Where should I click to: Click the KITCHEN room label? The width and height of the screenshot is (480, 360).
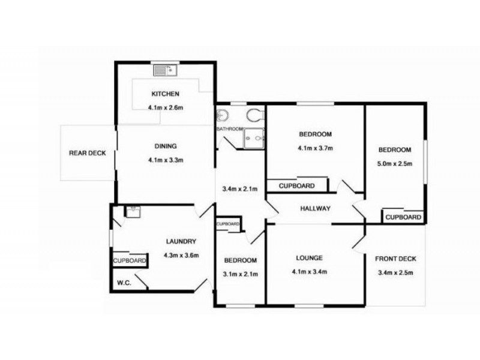tap(165, 94)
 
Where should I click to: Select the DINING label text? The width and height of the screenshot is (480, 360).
tap(165, 146)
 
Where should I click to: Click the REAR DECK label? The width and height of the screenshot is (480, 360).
tap(87, 153)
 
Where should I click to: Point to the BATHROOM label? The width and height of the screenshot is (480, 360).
tap(229, 129)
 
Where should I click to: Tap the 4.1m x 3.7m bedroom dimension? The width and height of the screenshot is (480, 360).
tap(315, 148)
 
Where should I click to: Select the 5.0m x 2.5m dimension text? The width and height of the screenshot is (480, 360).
tap(394, 164)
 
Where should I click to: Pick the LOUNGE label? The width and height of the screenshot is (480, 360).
tap(309, 258)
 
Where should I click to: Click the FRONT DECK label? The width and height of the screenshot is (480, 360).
tap(395, 259)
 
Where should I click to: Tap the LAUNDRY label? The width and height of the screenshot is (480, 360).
tap(181, 242)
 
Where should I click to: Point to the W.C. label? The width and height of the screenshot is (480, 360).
tap(124, 283)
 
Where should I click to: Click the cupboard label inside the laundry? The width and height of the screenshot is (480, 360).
tap(130, 261)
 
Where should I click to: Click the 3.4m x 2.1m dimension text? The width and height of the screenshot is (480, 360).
tap(240, 190)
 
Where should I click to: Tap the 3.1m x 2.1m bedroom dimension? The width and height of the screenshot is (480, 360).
tap(241, 274)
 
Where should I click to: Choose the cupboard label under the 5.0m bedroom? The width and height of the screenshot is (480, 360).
tap(403, 217)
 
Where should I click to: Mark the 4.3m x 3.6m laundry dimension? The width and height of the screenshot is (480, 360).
tap(181, 255)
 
